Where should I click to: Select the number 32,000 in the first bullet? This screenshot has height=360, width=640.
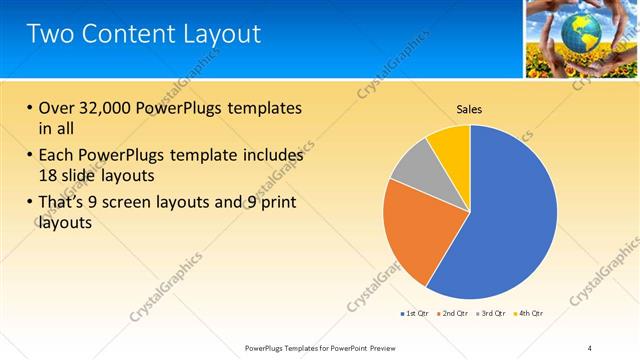(107, 108)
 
